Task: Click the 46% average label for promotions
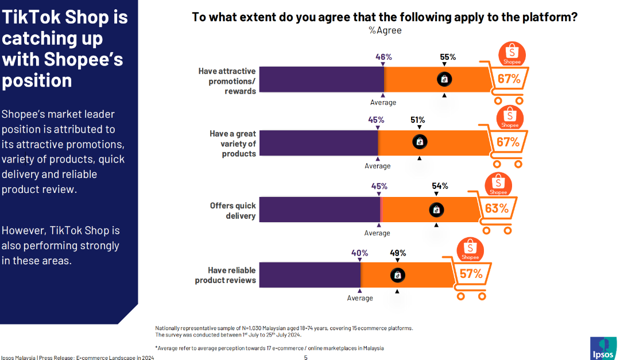point(383,57)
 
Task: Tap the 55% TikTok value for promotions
point(448,57)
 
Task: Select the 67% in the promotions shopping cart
point(509,79)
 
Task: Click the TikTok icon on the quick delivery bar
point(436,210)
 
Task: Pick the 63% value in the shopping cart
point(497,208)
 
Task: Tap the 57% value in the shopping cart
point(471,273)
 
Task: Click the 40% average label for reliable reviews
point(359,253)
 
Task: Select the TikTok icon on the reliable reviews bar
point(397,275)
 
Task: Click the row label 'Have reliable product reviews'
point(226,275)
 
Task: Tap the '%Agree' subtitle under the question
point(385,30)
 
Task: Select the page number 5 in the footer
point(306,357)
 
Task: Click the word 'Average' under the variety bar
point(378,166)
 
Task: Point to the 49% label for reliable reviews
point(398,253)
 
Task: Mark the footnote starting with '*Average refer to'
point(269,348)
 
